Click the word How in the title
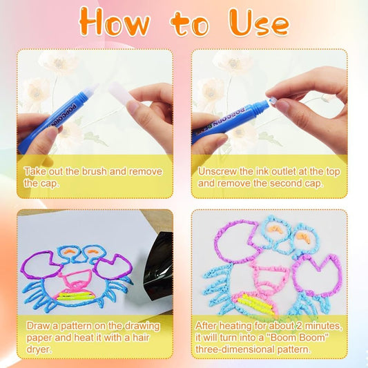tap(115, 22)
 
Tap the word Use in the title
tap(259, 22)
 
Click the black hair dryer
tap(159, 265)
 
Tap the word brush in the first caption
tap(94, 171)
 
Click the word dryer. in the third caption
tap(39, 349)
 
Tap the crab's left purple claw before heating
tap(41, 264)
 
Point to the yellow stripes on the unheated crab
tap(75, 296)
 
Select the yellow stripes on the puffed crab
tap(256, 305)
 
